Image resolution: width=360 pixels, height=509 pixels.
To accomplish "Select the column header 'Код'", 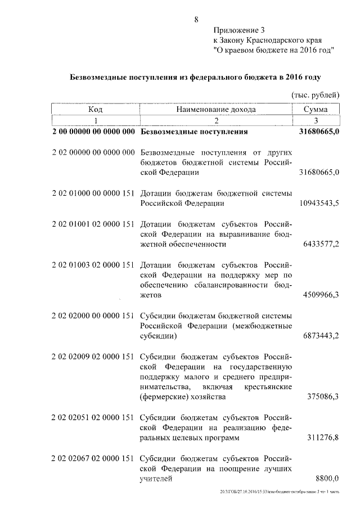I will (x=95, y=110).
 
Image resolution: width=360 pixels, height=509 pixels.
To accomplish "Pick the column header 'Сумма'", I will (x=316, y=110).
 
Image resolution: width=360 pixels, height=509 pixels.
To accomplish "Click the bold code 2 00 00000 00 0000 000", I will (x=93, y=133).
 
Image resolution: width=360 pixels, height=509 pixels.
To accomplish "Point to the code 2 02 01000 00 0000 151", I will (x=93, y=193).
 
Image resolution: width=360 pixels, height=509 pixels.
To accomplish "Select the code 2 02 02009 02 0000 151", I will (x=93, y=357).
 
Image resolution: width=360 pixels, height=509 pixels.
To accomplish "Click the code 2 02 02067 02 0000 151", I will (x=93, y=458).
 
